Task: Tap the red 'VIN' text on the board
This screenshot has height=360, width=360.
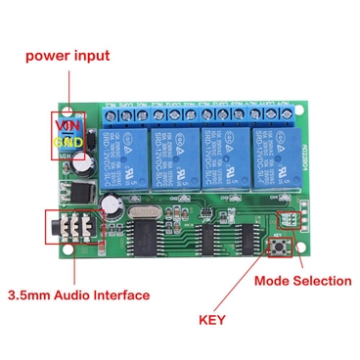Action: (67, 125)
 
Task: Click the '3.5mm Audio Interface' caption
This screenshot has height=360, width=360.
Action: (79, 293)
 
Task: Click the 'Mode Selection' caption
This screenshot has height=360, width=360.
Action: (302, 281)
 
